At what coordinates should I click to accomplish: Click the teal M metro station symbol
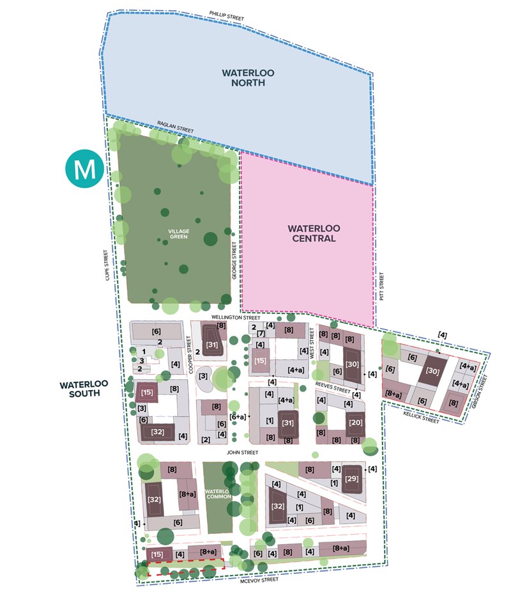point(84,169)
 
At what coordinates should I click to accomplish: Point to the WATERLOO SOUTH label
point(81,389)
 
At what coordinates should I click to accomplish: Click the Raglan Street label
point(175,127)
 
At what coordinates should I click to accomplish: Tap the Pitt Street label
point(382,286)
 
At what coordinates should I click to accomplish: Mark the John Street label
point(242,452)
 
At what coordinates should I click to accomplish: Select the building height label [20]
point(355,423)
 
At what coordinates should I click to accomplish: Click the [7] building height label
point(261,334)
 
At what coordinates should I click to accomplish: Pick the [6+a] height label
point(238,416)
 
